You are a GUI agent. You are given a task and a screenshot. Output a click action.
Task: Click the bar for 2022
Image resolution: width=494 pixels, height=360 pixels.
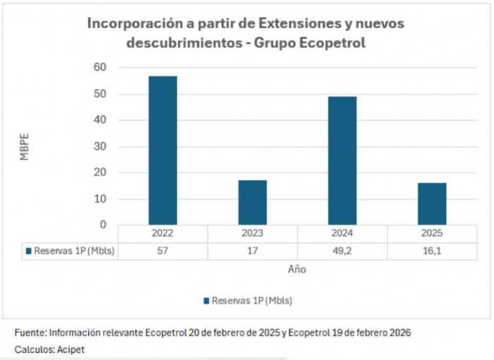[x=162, y=150]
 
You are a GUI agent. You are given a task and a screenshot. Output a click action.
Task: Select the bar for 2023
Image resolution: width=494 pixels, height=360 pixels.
[x=252, y=203]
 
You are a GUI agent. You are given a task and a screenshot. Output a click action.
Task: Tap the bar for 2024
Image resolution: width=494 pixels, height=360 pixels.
[x=342, y=161]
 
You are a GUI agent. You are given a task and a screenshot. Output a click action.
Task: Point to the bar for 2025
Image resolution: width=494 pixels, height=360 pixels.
[x=431, y=204]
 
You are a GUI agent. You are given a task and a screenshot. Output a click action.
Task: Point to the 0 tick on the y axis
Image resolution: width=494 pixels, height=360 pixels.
[x=103, y=225]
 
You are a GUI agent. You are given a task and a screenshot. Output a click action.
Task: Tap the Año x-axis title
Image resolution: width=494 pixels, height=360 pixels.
[x=297, y=269]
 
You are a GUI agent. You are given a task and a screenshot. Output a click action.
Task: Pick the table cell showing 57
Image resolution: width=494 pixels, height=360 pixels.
[x=163, y=251]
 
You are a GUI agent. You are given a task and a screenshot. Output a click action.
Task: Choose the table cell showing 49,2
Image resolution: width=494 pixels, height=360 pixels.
[x=342, y=251]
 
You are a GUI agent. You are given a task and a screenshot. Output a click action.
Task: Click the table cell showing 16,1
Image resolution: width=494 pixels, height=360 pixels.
[x=432, y=251]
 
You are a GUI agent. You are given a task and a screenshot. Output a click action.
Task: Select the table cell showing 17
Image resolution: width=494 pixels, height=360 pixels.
[x=253, y=251]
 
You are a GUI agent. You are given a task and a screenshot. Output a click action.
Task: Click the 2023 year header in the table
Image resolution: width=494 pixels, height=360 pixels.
[x=253, y=234]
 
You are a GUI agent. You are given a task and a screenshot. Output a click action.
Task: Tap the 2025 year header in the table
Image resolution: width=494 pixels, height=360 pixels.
[x=432, y=234]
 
